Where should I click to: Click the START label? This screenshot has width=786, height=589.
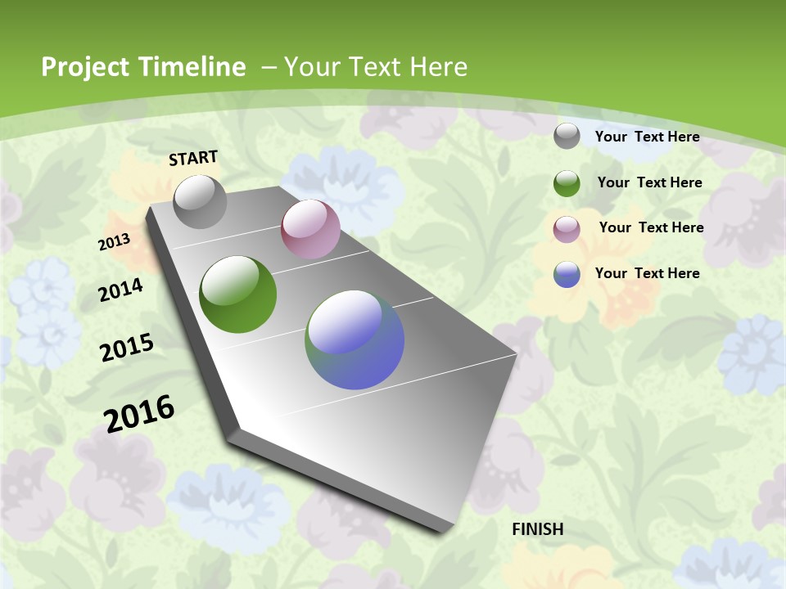point(193,158)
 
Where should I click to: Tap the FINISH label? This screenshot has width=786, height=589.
point(537,529)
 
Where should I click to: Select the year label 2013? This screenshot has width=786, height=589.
point(114,242)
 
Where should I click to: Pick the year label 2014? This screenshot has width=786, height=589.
point(120,290)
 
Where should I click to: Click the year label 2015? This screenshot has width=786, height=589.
point(127,348)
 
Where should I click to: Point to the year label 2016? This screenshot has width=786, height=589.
point(139,414)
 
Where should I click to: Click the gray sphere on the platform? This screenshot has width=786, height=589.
point(200,201)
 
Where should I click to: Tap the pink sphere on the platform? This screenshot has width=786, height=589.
point(310,229)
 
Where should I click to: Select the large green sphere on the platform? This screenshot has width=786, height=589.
point(237,294)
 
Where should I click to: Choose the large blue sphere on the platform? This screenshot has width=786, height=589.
point(355,339)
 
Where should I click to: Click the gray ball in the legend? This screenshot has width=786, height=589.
point(567,136)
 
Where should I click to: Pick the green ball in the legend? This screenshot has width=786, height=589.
point(567,183)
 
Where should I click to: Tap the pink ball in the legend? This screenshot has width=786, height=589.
point(567,229)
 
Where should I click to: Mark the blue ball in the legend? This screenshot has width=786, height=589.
point(567,274)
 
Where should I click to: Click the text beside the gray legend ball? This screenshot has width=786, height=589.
point(647,137)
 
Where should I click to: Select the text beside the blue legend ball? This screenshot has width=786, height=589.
point(647,273)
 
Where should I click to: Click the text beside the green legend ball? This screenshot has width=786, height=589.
point(649,182)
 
